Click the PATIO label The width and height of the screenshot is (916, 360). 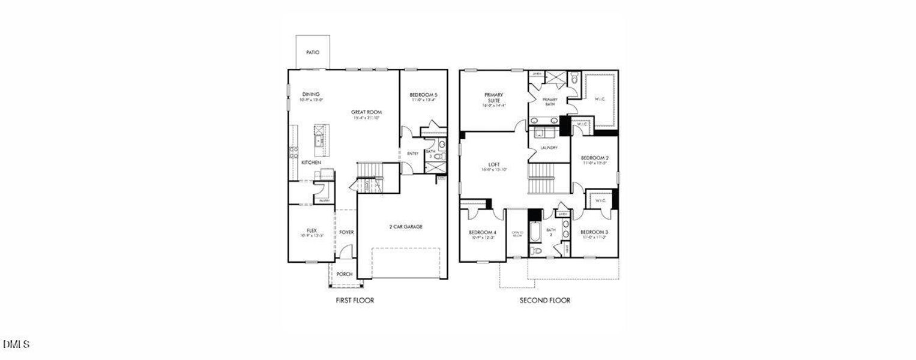click(313, 53)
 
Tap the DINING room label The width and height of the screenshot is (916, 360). click(311, 94)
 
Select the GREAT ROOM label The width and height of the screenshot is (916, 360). click(367, 112)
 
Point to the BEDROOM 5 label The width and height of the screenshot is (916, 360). click(424, 95)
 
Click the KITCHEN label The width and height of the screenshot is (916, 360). click(311, 163)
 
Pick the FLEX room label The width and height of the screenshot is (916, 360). click(312, 230)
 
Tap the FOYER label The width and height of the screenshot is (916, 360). click(346, 232)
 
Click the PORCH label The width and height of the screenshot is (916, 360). click(345, 274)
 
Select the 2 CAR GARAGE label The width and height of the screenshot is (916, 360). click(406, 227)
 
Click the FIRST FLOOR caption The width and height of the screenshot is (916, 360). click(355, 300)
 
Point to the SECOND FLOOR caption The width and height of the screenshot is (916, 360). click(545, 300)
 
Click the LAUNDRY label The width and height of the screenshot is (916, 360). click(549, 148)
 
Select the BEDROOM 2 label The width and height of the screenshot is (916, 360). click(595, 158)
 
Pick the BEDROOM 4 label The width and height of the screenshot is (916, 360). click(483, 233)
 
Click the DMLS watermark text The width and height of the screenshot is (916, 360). click(16, 344)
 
